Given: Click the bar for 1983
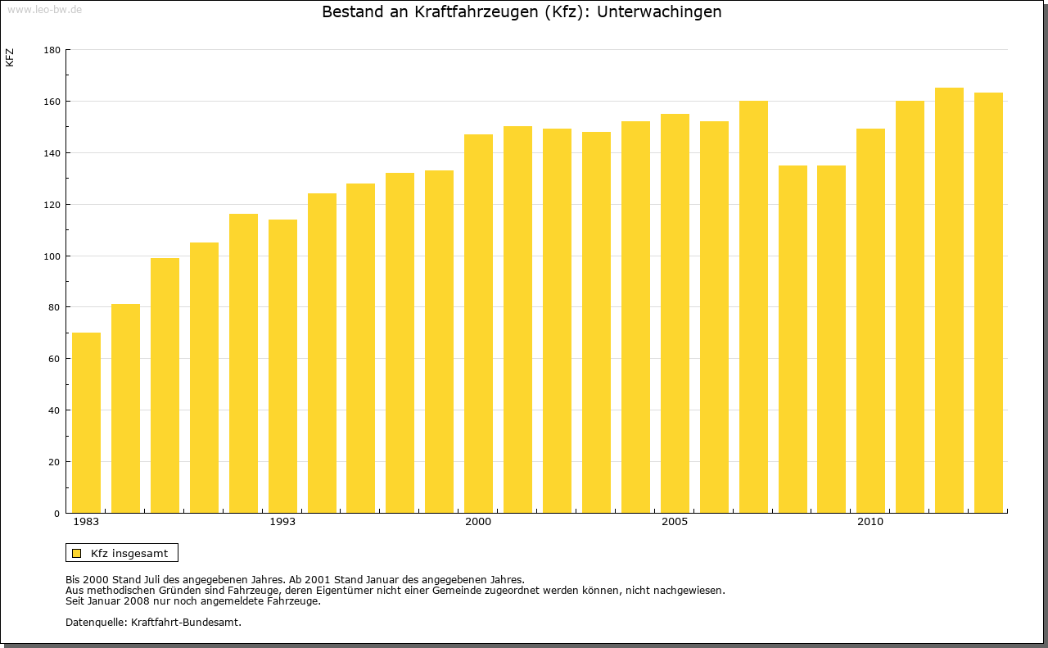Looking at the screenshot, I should (x=86, y=423).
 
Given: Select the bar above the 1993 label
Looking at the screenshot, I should (x=282, y=366).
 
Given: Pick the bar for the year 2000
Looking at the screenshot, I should (x=478, y=324).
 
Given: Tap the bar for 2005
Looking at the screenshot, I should (x=675, y=314).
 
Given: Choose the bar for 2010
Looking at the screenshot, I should (x=870, y=321).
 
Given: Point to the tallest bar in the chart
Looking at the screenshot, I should (x=949, y=301).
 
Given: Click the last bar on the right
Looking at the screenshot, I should (x=988, y=303).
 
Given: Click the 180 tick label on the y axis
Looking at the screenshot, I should (x=52, y=50).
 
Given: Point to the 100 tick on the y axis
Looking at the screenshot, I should (x=52, y=256).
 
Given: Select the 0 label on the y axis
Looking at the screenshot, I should (x=57, y=514).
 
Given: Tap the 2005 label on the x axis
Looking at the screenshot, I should (x=675, y=522).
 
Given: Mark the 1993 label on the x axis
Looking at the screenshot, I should (x=282, y=522).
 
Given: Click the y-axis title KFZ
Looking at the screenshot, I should (x=10, y=58).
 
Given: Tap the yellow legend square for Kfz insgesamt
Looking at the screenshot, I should (x=76, y=553).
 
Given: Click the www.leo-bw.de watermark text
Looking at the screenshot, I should (x=43, y=9).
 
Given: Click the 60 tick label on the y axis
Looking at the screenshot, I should (x=54, y=359).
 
